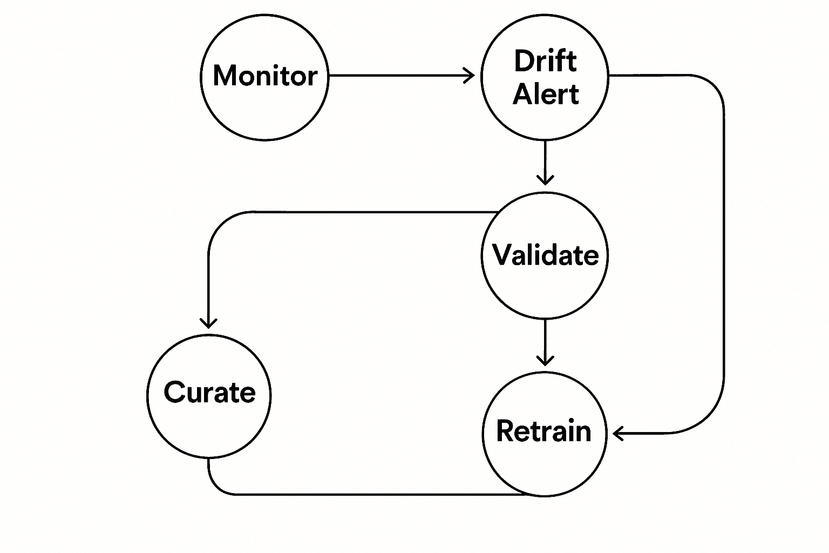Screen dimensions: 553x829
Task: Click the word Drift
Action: point(545,60)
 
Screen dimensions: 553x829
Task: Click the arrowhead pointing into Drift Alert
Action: point(470,76)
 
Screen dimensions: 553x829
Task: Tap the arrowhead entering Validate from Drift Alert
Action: point(545,180)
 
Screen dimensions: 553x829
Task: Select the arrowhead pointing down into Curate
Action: point(208,323)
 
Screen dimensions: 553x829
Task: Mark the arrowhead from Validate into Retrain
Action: point(545,360)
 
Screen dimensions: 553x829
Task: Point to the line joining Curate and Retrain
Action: point(367,494)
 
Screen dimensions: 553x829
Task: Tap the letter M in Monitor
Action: point(225,76)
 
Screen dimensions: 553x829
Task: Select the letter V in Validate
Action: point(503,254)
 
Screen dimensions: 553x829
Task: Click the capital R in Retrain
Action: point(507,431)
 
